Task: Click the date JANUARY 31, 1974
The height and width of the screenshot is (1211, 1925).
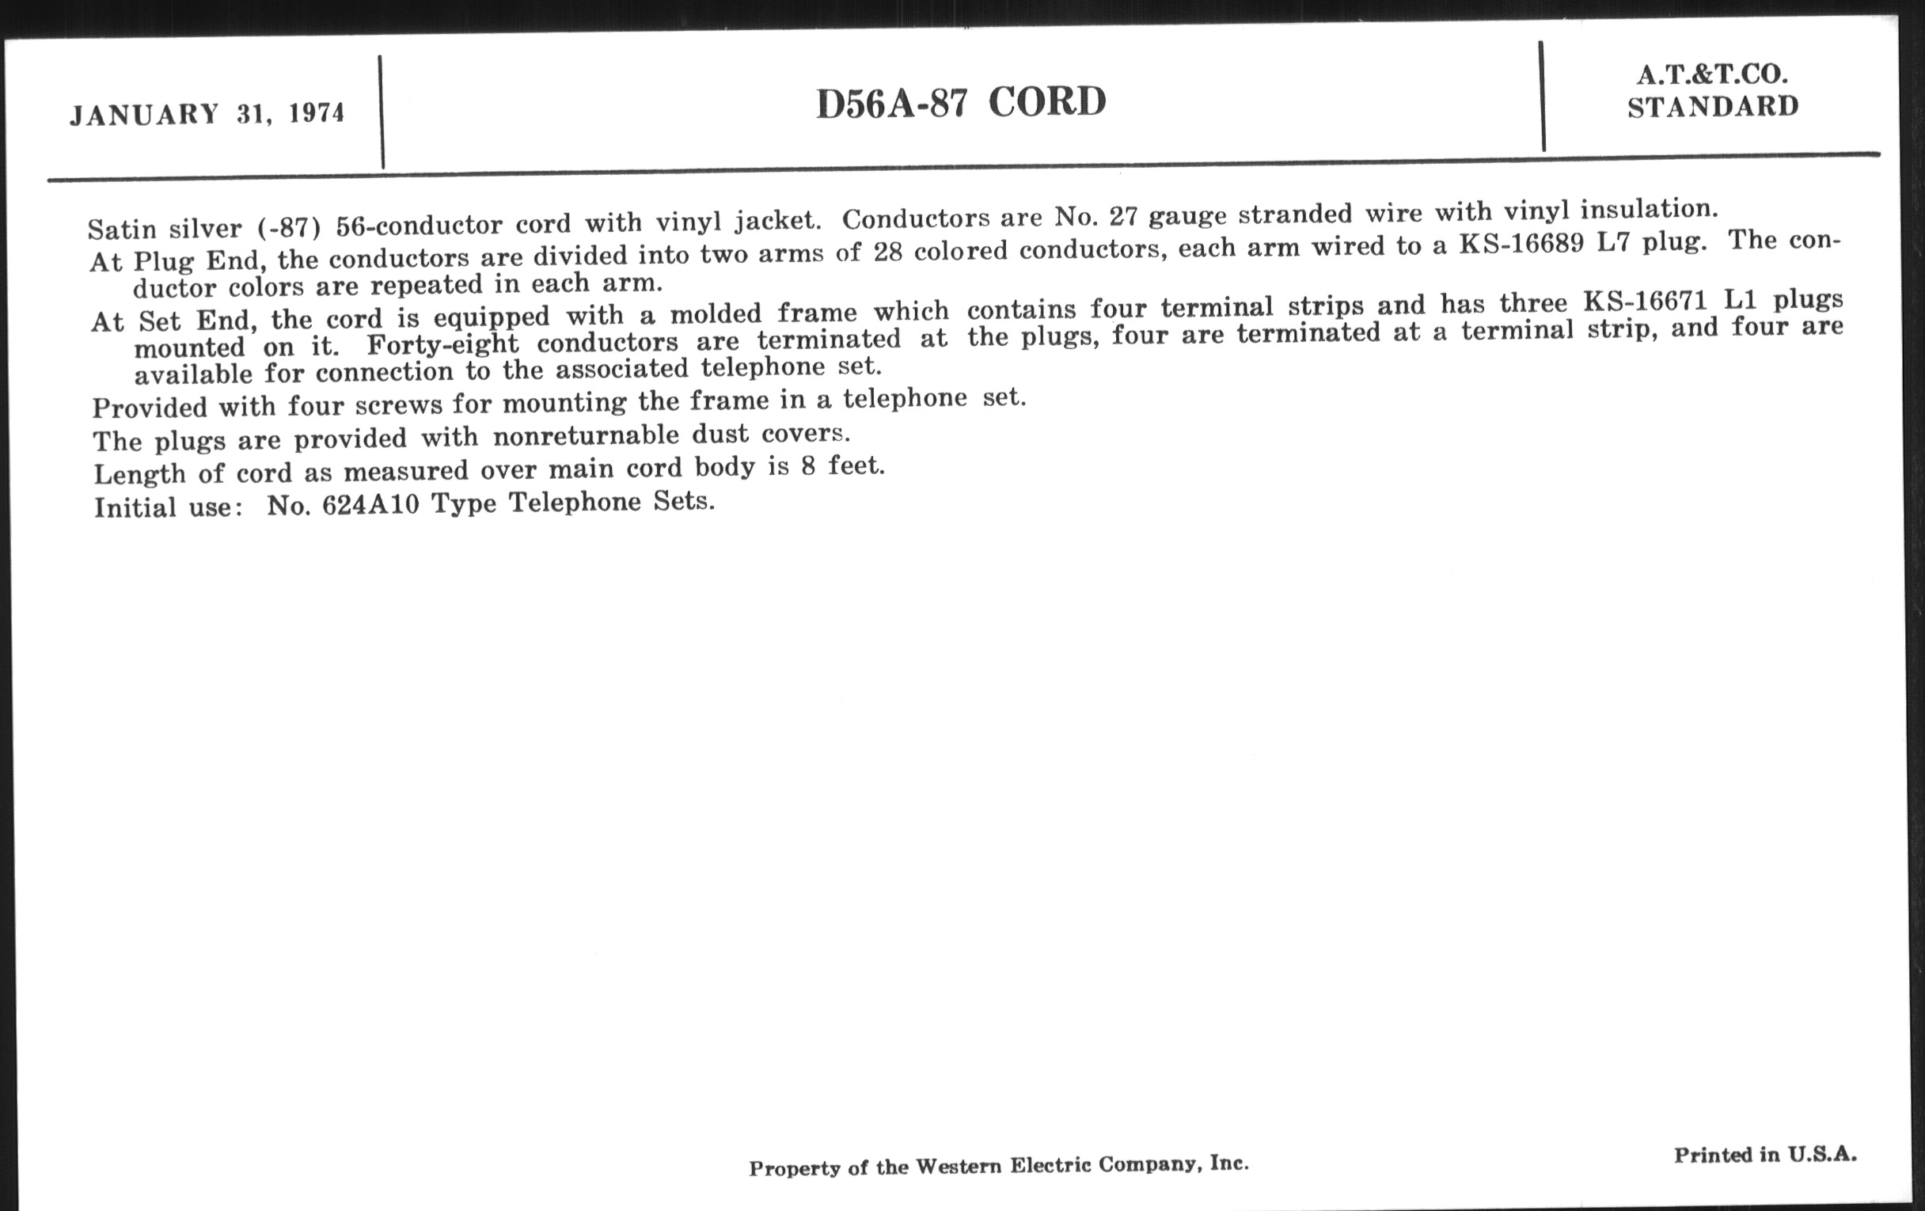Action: pyautogui.click(x=207, y=114)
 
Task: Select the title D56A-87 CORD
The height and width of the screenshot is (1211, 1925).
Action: pyautogui.click(x=961, y=103)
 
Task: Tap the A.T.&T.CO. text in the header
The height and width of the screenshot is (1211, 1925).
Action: pyautogui.click(x=1712, y=75)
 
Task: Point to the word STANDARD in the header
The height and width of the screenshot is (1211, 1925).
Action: pyautogui.click(x=1713, y=106)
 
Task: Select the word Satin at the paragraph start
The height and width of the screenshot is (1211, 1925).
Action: pyautogui.click(x=122, y=230)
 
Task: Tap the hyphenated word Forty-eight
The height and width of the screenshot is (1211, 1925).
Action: pyautogui.click(x=442, y=344)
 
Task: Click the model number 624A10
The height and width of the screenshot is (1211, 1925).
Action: pyautogui.click(x=370, y=505)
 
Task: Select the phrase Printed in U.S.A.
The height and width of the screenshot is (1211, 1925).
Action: pyautogui.click(x=1765, y=1154)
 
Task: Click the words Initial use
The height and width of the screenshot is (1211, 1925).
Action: pyautogui.click(x=166, y=507)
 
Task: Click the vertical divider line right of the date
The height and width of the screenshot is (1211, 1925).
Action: pyautogui.click(x=382, y=112)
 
